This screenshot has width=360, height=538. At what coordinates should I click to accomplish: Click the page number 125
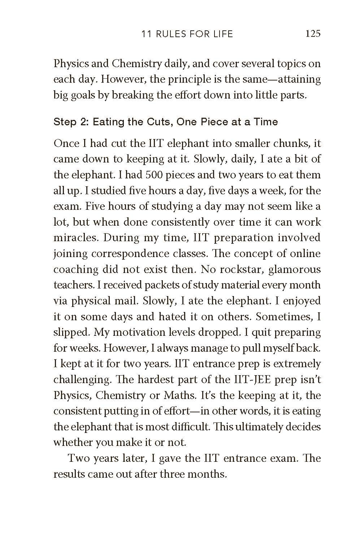pyautogui.click(x=313, y=34)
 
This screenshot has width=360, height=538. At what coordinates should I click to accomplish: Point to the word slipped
pyautogui.click(x=69, y=333)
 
